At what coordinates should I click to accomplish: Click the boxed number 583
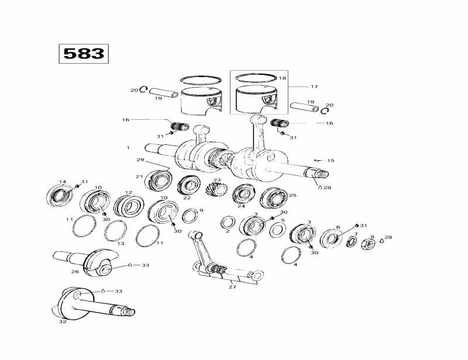83,54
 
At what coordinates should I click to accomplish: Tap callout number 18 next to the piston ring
283,78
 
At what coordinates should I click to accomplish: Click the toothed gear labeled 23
217,192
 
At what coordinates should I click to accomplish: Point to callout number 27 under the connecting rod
232,286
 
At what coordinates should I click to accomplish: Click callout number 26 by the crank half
75,271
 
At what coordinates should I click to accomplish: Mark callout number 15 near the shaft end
331,160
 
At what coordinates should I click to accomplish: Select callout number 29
140,160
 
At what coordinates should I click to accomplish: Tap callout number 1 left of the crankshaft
128,148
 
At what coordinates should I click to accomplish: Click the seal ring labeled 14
60,195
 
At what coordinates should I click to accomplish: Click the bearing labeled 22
188,185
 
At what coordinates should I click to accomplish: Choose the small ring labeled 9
190,216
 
